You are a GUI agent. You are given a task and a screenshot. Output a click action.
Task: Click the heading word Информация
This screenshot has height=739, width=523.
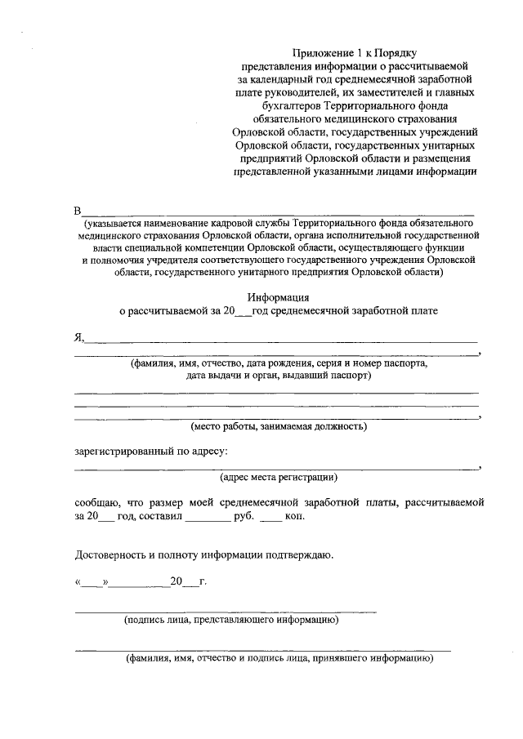click(x=279, y=297)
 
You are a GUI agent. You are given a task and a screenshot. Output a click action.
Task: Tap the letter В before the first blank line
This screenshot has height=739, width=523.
click(x=78, y=211)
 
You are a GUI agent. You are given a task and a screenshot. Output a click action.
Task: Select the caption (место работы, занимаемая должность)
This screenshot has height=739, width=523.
click(x=279, y=425)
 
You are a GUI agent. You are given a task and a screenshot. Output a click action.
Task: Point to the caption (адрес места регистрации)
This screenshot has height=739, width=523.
click(x=279, y=476)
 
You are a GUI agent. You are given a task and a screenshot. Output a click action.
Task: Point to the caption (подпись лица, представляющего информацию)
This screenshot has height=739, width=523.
click(x=231, y=620)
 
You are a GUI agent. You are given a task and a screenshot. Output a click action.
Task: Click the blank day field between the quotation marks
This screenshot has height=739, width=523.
click(x=92, y=582)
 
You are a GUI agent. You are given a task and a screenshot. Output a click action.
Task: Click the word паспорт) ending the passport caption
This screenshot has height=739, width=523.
click(x=351, y=376)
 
